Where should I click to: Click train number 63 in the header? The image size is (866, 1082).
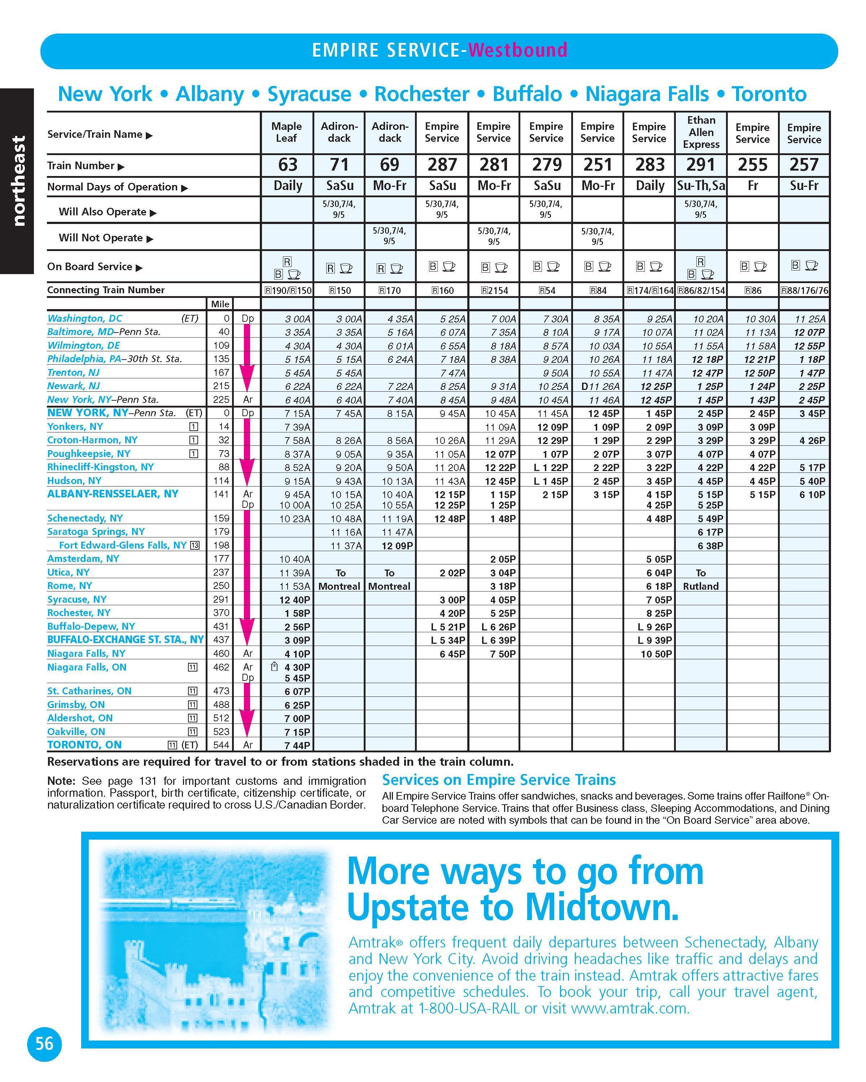click(x=288, y=164)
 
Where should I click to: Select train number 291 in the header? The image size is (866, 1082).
click(x=700, y=164)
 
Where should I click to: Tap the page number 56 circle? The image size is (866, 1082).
click(x=44, y=1044)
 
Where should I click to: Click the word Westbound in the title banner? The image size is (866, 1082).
click(x=517, y=50)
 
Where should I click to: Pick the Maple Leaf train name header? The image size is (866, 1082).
click(x=287, y=132)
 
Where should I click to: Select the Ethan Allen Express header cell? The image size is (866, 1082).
click(x=701, y=132)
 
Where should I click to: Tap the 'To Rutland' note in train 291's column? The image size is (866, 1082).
click(x=701, y=580)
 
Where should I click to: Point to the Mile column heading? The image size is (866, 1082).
click(x=220, y=304)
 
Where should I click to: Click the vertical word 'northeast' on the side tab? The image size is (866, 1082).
click(x=18, y=181)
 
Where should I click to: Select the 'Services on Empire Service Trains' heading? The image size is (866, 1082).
click(x=499, y=780)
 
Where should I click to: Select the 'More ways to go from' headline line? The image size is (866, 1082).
click(x=525, y=872)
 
